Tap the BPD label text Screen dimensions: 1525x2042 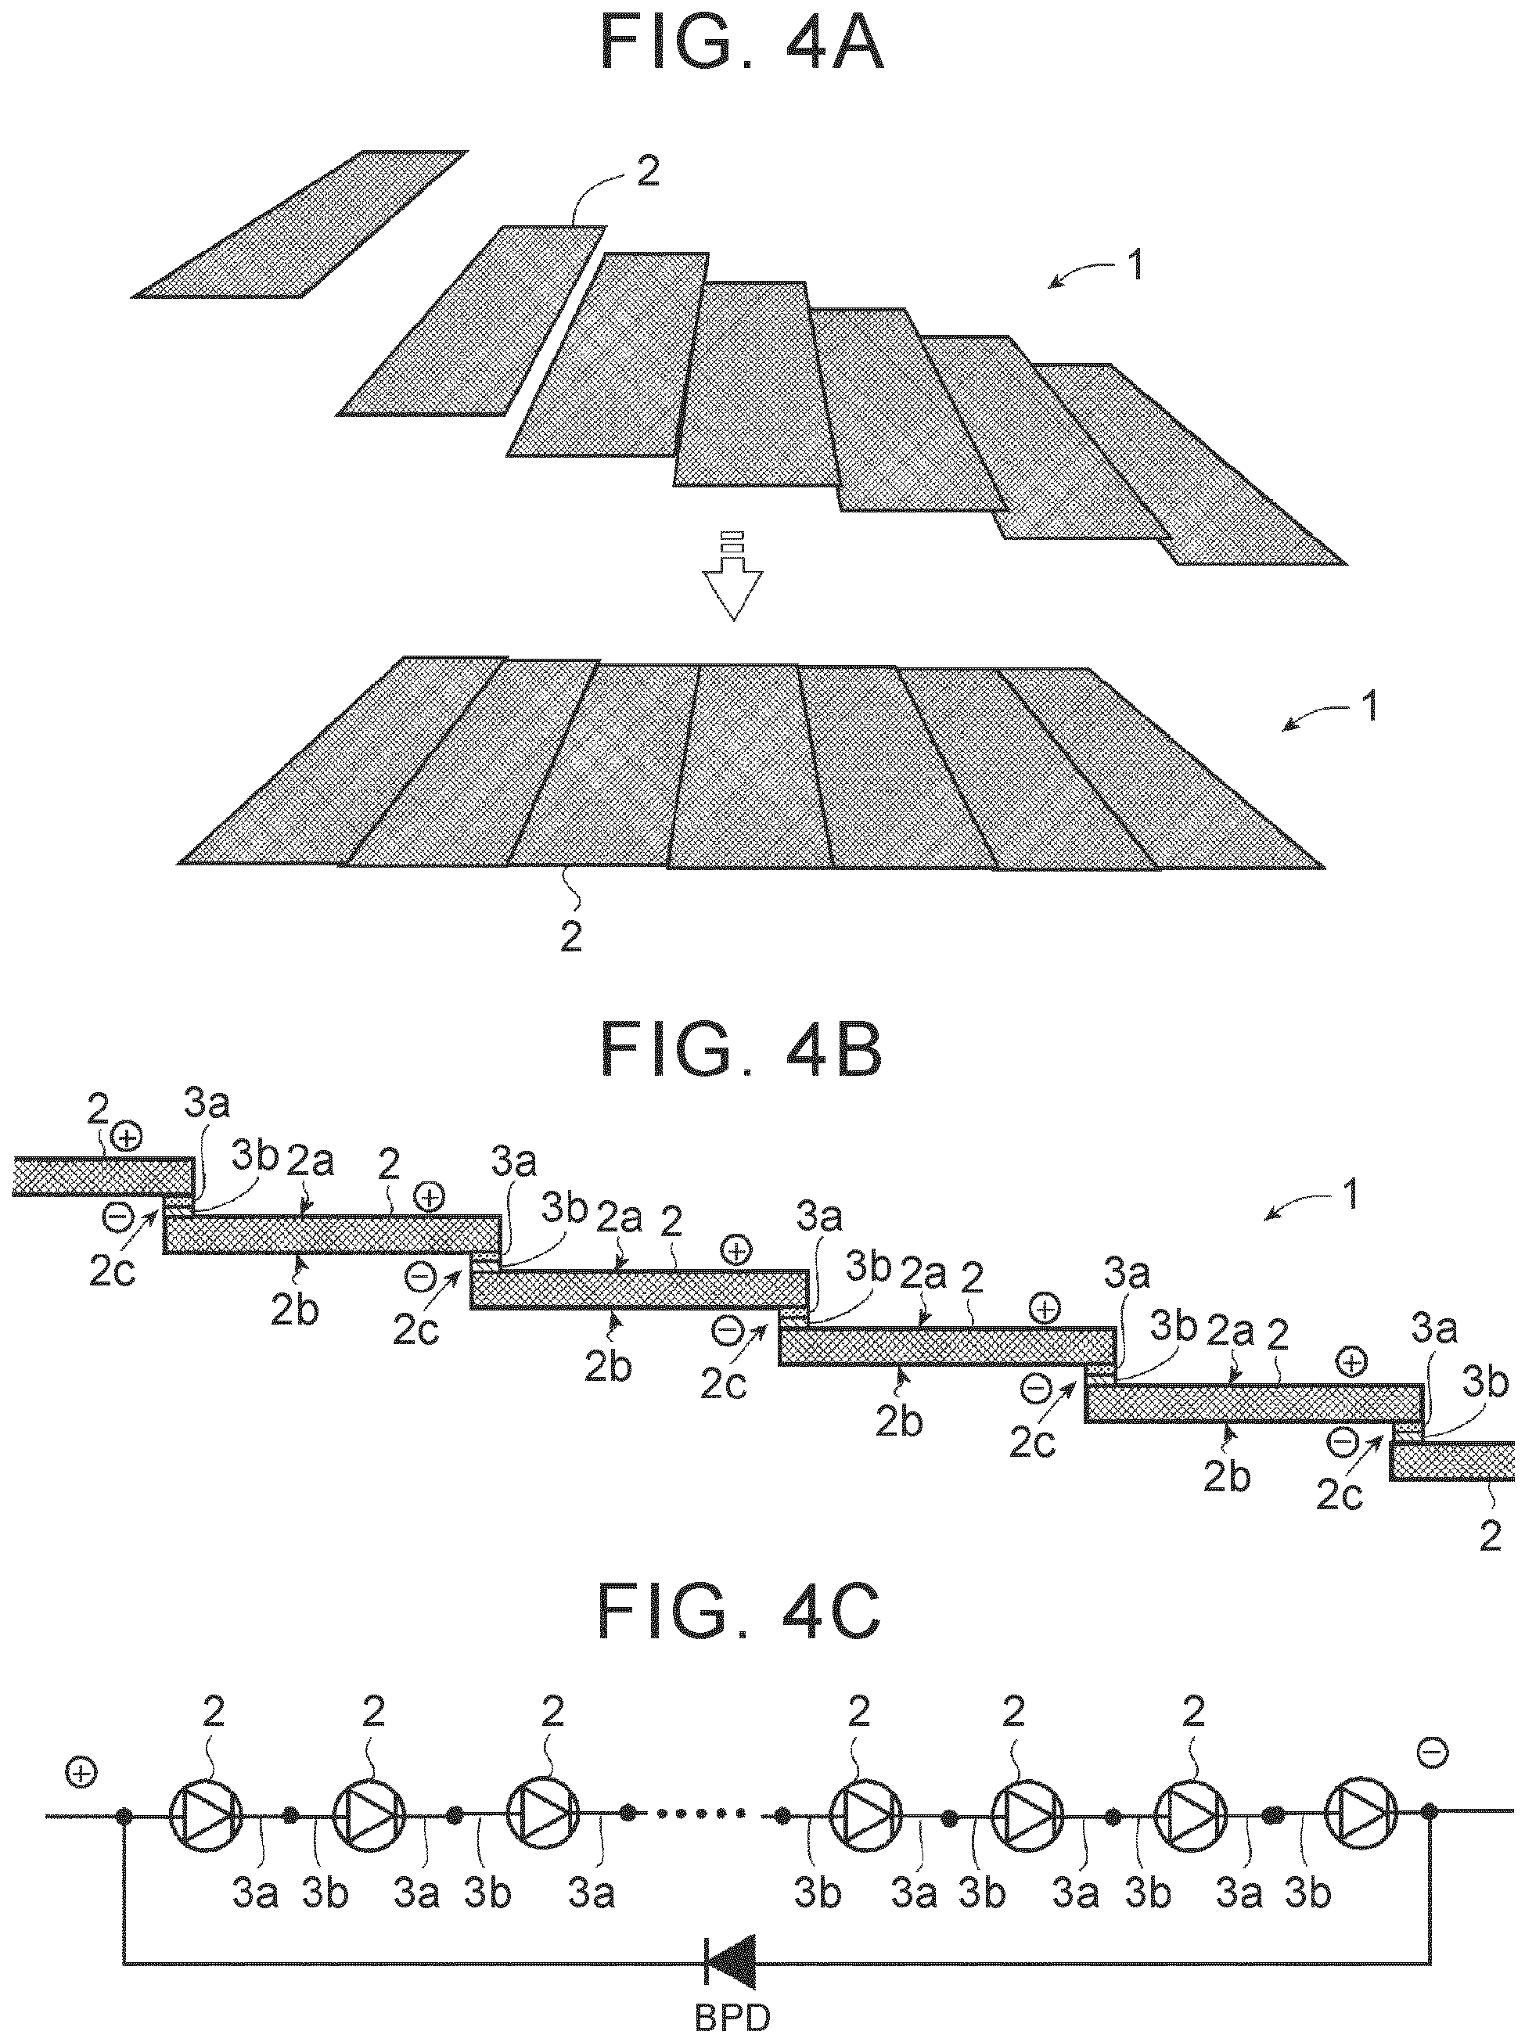pos(732,2018)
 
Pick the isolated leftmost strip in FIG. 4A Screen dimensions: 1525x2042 pos(298,224)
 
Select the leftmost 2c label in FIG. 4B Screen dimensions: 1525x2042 pos(113,1271)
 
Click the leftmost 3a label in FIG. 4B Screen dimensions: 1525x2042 pos(207,1103)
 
